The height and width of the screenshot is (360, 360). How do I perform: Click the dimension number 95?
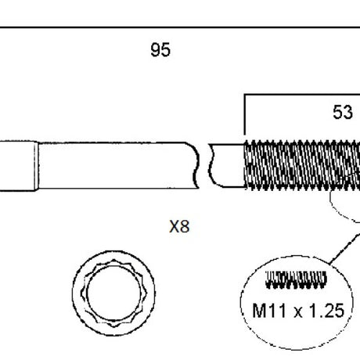[160, 50]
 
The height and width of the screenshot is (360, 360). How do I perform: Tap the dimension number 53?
[343, 113]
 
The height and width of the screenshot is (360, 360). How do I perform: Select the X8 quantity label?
[179, 226]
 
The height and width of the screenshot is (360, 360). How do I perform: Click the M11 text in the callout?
[269, 311]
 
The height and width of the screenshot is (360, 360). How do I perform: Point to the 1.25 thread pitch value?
[326, 311]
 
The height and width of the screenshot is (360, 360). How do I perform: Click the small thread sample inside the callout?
[296, 280]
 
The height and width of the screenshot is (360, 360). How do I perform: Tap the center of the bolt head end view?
[113, 293]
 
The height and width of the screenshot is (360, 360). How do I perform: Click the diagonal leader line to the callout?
[344, 248]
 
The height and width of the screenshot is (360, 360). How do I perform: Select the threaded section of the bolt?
[302, 165]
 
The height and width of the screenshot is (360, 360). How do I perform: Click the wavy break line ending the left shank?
[196, 165]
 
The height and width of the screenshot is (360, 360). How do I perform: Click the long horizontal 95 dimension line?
[180, 27]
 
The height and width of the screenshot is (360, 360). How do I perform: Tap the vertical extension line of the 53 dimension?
[244, 115]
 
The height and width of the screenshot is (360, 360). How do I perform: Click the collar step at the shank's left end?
[36, 166]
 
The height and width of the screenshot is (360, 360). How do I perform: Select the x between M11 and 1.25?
[298, 312]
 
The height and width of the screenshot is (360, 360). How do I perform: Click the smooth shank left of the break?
[116, 165]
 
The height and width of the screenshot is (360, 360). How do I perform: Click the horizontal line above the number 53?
[302, 95]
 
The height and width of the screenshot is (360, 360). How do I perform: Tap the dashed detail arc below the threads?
[342, 209]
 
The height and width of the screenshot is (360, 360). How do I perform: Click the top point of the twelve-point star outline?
[113, 260]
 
